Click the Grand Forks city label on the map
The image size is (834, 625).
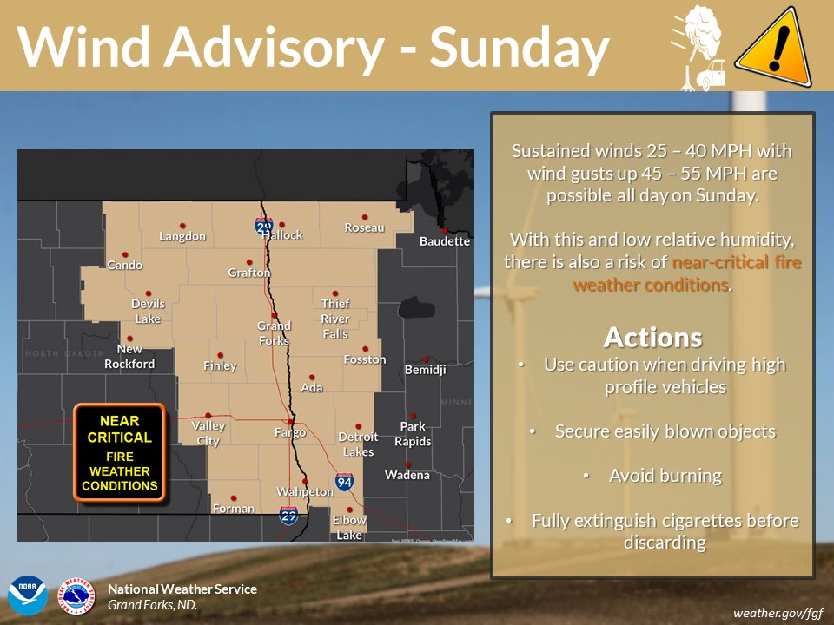[x=274, y=332]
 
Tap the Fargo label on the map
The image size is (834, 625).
[x=290, y=432]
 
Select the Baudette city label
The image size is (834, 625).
[x=444, y=241]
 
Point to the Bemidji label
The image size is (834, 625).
[x=425, y=370]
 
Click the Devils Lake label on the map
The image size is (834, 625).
[x=148, y=311]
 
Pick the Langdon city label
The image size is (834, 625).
[x=182, y=236]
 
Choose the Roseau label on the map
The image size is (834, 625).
[x=364, y=227]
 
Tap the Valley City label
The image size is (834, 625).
[x=208, y=433]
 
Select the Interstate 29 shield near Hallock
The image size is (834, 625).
[x=263, y=227]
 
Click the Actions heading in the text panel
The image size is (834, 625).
[x=652, y=336]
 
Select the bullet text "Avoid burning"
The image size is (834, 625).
[x=665, y=475]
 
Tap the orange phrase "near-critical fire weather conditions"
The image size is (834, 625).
[x=652, y=273]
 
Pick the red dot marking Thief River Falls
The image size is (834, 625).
[x=335, y=293]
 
